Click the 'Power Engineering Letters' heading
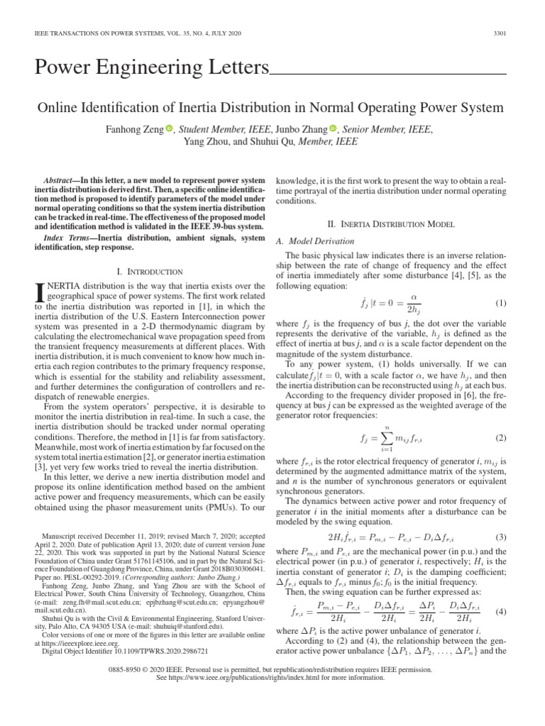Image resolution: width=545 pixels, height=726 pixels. pos(152,69)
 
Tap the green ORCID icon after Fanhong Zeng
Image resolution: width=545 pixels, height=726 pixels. pos(170,128)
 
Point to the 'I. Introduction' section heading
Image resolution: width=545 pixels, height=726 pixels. pos(149,272)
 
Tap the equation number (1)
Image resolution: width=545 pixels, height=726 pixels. pos(500,303)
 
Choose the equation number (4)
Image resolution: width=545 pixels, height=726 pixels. pos(500,611)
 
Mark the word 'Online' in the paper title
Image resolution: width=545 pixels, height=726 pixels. pos(62,108)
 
